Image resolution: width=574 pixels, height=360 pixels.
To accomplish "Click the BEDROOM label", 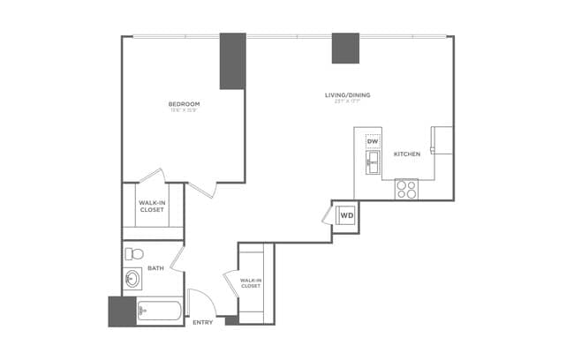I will [x=185, y=104].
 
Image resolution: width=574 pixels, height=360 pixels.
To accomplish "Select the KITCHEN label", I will [x=406, y=154].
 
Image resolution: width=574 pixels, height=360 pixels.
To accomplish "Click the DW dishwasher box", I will [x=373, y=142].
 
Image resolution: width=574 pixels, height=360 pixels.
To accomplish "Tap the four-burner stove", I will [x=406, y=188].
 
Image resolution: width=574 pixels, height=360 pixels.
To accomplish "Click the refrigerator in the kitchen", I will [x=441, y=140].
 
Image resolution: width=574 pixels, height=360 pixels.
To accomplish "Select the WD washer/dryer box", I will [x=347, y=214].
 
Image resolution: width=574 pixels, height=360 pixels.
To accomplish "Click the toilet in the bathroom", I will [x=133, y=255].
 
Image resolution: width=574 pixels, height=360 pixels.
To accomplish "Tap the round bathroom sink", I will [x=133, y=281].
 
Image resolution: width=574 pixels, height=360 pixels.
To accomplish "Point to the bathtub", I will [x=159, y=311].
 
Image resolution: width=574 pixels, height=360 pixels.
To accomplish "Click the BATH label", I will [x=155, y=267].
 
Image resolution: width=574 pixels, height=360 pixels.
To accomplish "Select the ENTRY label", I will [x=202, y=322].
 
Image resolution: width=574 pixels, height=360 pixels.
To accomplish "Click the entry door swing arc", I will [x=201, y=300].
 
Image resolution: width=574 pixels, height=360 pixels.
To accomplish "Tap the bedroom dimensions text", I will [x=185, y=111].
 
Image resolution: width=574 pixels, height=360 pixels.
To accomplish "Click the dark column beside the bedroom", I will [x=232, y=60].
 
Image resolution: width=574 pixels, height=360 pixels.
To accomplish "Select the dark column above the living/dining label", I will [x=345, y=48].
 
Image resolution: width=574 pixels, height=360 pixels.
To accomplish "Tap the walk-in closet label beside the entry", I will [x=250, y=283].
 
